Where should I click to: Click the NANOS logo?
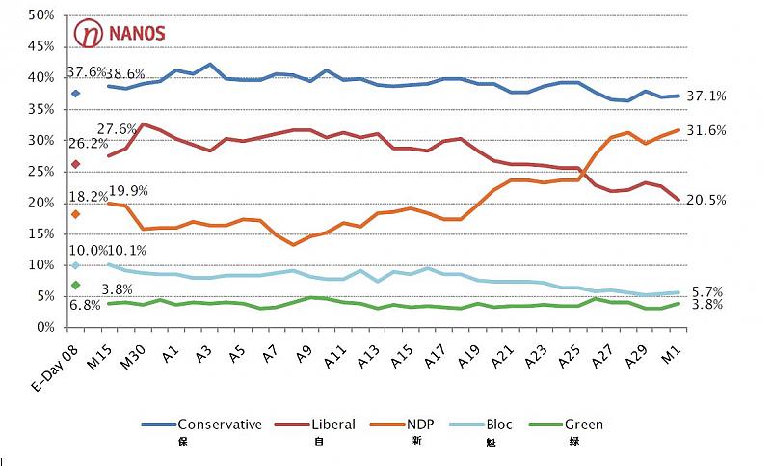pyautogui.click(x=120, y=33)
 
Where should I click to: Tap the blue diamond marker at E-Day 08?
pyautogui.click(x=75, y=94)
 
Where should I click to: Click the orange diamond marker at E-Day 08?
pyautogui.click(x=75, y=214)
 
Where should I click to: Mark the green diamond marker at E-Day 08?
pyautogui.click(x=75, y=285)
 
